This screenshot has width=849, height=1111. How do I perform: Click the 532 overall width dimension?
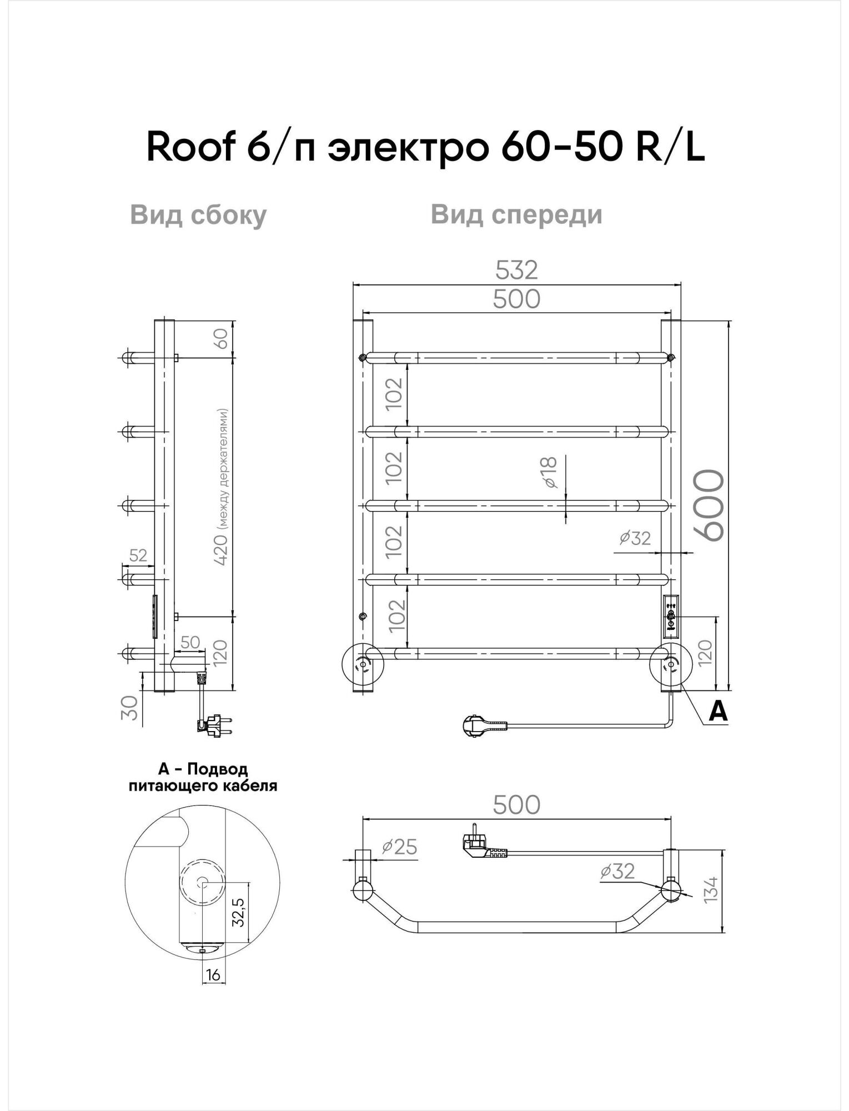coord(516,271)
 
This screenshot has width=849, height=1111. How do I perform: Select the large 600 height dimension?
coord(710,506)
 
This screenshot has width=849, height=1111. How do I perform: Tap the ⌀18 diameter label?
coord(549,473)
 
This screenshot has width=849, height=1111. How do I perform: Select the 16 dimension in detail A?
coord(213,974)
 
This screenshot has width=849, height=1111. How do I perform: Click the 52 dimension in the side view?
coord(138,555)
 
